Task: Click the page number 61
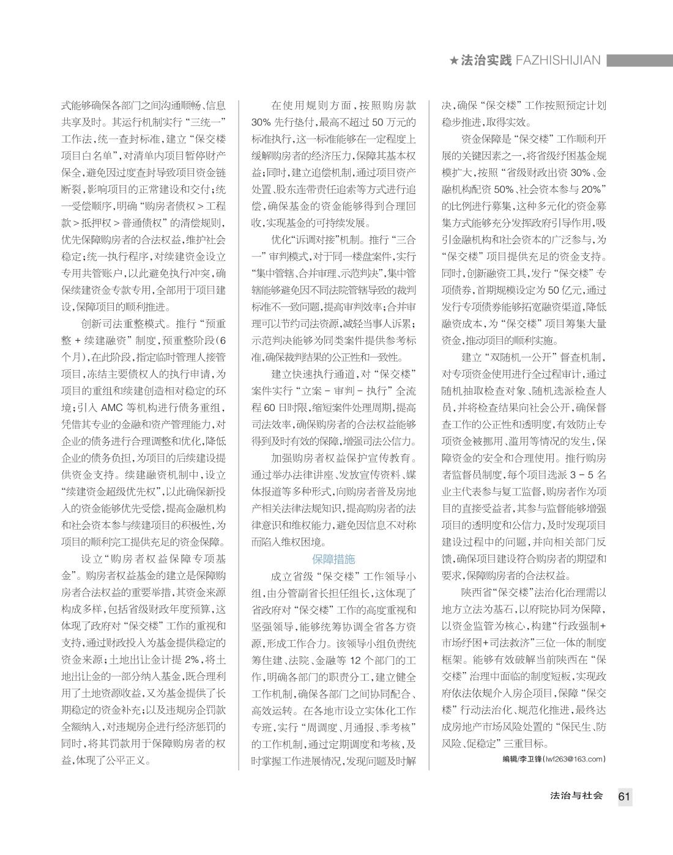coord(624,796)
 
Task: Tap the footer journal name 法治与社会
coord(577,796)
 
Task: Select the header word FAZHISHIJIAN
coord(558,61)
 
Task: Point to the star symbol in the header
coord(454,61)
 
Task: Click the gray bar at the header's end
coord(639,61)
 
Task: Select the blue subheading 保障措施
coord(333,559)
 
